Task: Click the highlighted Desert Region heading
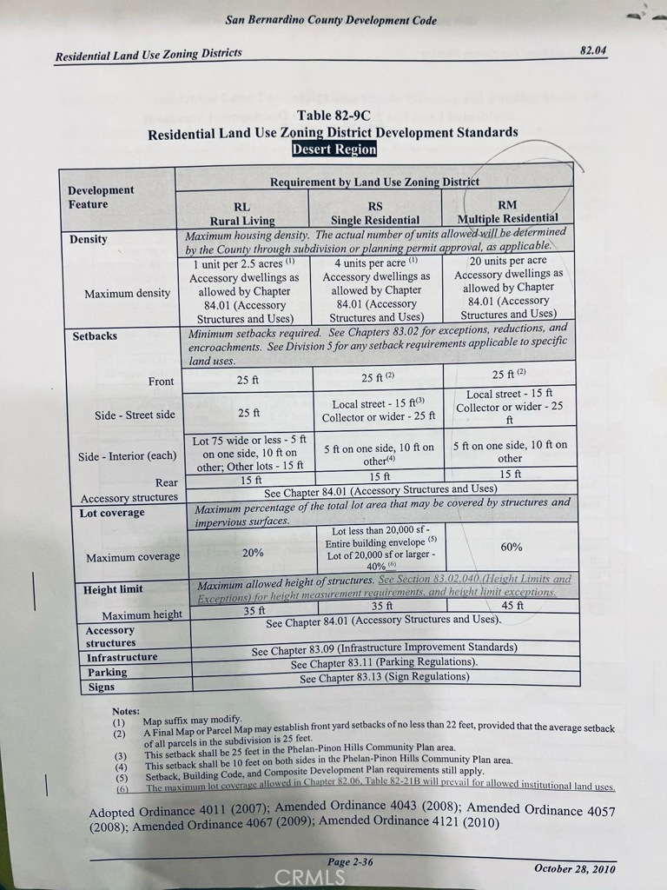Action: coord(334,149)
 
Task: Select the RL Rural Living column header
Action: coord(241,214)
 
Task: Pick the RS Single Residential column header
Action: coord(375,213)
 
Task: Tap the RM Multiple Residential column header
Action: coord(507,211)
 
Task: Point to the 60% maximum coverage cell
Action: coord(510,547)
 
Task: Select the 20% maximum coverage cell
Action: coord(253,552)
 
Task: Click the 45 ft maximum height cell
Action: coord(512,606)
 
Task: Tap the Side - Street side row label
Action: coord(135,415)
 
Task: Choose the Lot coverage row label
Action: coord(112,513)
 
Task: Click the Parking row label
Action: coord(107,672)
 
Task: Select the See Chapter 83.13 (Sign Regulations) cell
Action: coord(384,677)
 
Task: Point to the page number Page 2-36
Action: coord(351,861)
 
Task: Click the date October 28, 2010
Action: coord(575,868)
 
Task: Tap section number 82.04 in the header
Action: coord(593,50)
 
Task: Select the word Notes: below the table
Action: coord(126,711)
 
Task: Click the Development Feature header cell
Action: coord(102,197)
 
